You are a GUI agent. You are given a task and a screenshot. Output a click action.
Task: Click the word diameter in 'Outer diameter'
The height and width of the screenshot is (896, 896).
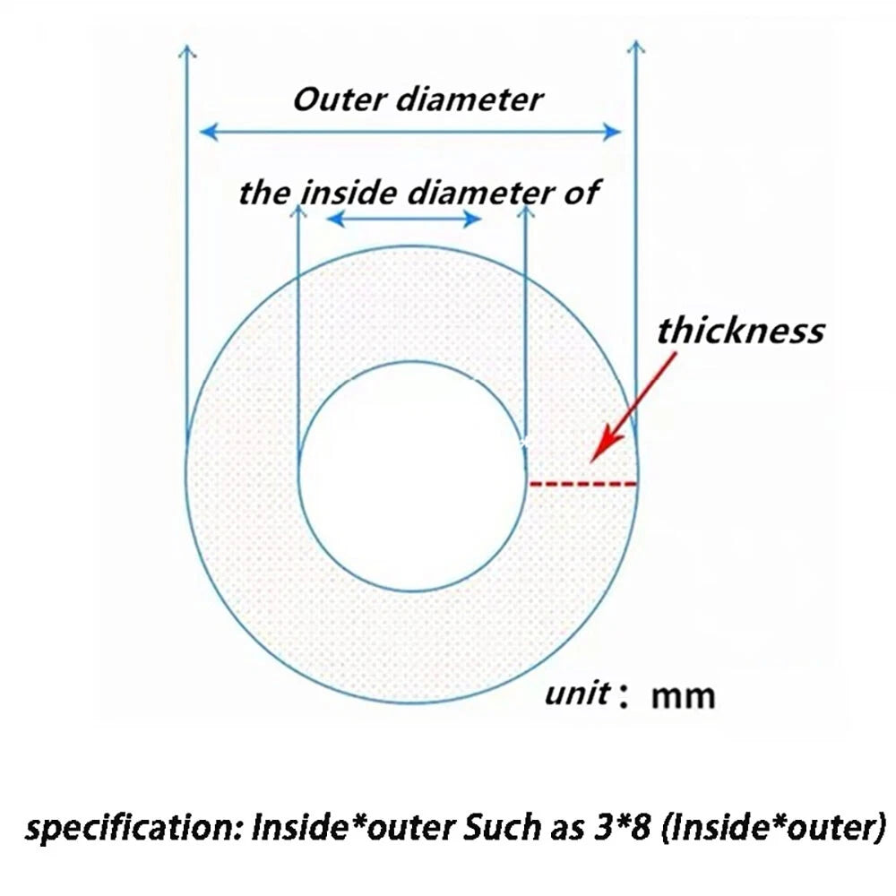point(470,99)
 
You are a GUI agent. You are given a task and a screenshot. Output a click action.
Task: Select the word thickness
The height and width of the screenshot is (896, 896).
point(741,331)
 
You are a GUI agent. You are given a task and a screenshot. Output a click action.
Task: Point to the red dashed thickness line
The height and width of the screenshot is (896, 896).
point(583,484)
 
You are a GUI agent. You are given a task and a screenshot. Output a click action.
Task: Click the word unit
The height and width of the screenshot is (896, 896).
point(577,694)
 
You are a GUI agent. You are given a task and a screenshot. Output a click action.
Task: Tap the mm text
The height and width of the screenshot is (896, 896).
point(683,697)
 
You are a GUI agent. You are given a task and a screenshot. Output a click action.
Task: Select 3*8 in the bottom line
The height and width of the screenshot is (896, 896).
point(622,827)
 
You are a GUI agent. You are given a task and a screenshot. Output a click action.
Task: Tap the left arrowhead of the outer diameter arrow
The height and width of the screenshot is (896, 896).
point(208,132)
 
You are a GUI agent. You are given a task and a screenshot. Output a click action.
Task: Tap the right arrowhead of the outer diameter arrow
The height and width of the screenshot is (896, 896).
point(613,132)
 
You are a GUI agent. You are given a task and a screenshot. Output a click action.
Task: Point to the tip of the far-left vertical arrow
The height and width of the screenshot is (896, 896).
point(187,46)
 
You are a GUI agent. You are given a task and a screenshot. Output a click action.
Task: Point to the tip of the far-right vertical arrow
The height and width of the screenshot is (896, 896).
point(636,41)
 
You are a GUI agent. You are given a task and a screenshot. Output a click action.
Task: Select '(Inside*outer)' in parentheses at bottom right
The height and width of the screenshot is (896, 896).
point(772,828)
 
